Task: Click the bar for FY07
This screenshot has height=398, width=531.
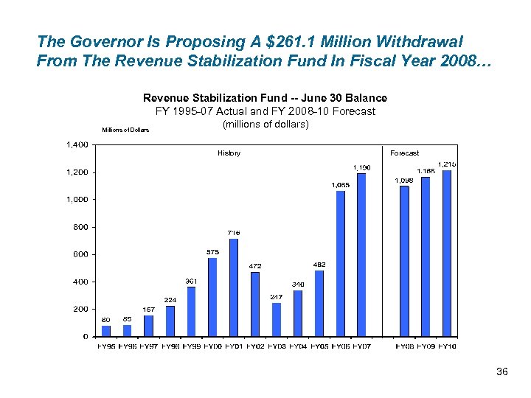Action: click(x=361, y=254)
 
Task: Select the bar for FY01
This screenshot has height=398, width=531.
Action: click(x=234, y=287)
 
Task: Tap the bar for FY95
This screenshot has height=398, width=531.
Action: click(x=106, y=331)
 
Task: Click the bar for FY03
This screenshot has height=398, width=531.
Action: click(x=277, y=319)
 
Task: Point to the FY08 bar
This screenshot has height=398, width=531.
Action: click(x=404, y=261)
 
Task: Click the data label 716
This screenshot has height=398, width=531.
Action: click(x=233, y=233)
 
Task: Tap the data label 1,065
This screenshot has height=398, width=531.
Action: click(x=340, y=184)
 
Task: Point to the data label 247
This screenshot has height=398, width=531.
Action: click(x=277, y=296)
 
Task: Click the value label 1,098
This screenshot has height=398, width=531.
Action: click(x=403, y=180)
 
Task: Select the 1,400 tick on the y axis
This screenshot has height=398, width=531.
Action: click(x=78, y=144)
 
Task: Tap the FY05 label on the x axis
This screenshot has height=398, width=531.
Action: click(x=319, y=346)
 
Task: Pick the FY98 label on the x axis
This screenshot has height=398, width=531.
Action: click(x=170, y=346)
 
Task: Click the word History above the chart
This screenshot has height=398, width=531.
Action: click(x=229, y=153)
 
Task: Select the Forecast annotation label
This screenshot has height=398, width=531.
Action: click(x=404, y=153)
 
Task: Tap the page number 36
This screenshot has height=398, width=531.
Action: click(x=502, y=372)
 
